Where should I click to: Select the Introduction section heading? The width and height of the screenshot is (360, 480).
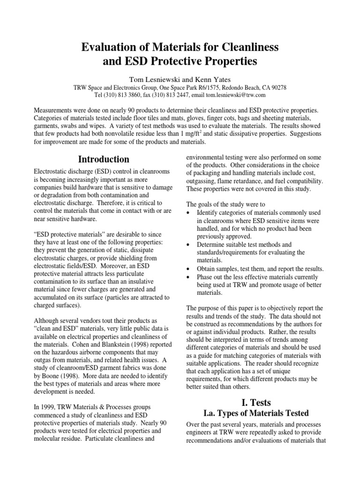click(x=104, y=159)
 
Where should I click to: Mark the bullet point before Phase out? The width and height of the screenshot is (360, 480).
click(x=188, y=277)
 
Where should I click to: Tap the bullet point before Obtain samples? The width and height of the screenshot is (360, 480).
click(x=188, y=269)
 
